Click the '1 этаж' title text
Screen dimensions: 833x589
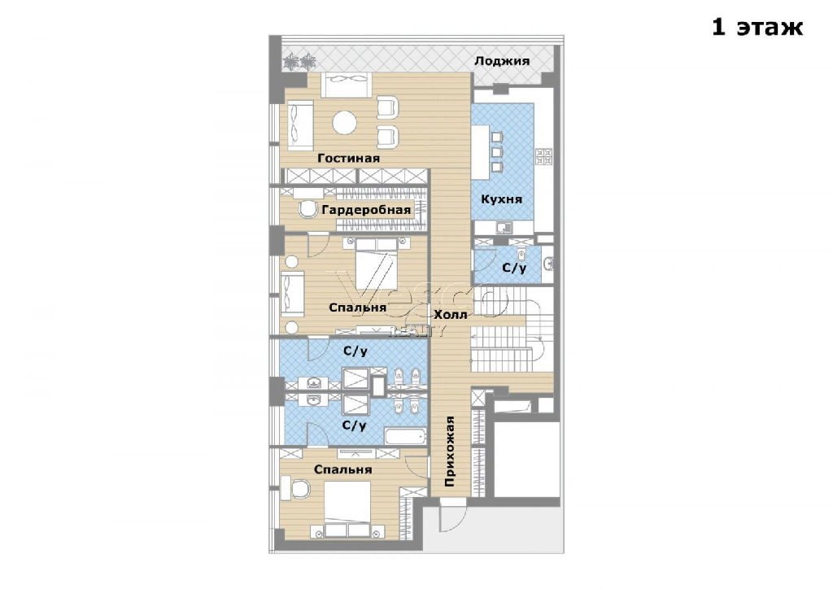(x=757, y=27)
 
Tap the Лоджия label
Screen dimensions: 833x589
(x=501, y=60)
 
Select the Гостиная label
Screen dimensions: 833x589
(x=348, y=158)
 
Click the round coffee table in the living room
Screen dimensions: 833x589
(x=344, y=123)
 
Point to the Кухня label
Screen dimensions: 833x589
(x=501, y=199)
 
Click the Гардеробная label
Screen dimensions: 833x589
(x=366, y=210)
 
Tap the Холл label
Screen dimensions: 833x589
(x=451, y=314)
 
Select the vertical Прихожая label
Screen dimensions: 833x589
(x=449, y=452)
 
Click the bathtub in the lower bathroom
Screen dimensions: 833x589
(x=406, y=437)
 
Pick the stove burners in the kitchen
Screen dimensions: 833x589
(x=544, y=155)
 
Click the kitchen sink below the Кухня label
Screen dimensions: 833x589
(x=503, y=228)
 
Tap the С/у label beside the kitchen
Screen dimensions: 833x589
(x=514, y=268)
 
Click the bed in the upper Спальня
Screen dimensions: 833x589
(x=376, y=264)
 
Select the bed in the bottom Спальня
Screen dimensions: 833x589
(x=347, y=509)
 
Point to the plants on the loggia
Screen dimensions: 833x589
(x=299, y=63)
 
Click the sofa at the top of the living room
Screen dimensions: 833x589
(x=347, y=85)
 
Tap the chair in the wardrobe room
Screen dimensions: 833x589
(x=307, y=209)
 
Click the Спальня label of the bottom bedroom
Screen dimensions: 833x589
(x=342, y=469)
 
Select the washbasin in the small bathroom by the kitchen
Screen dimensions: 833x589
(x=548, y=263)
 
